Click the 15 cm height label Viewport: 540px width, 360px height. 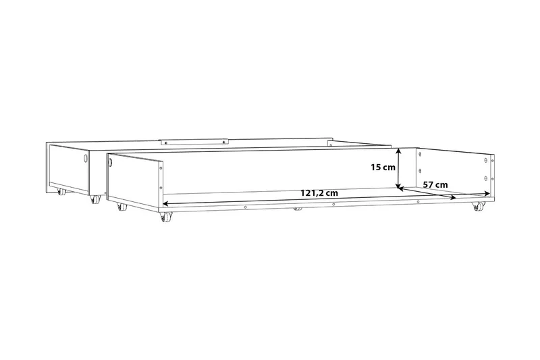383,168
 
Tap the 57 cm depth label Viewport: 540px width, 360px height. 435,184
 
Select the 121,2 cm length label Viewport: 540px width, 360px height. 319,193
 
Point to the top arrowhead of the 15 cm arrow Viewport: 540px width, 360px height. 398,151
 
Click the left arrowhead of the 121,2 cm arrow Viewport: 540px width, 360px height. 165,203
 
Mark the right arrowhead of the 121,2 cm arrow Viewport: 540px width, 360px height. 452,197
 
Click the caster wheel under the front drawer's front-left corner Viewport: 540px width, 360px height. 166,217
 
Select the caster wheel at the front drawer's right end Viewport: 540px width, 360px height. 477,206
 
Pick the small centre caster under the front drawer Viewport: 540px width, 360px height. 298,209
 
